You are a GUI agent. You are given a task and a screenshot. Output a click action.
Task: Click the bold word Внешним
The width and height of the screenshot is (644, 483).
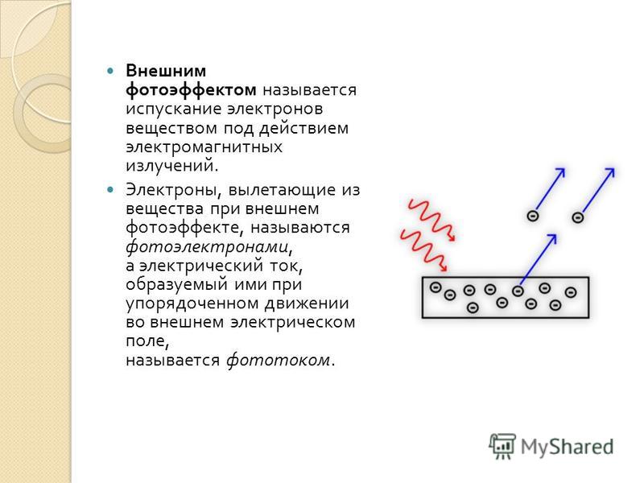tap(166, 71)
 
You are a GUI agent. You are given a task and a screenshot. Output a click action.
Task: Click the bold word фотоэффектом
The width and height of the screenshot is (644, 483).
tap(191, 90)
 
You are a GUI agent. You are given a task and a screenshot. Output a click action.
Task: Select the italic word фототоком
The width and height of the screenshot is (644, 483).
tap(279, 360)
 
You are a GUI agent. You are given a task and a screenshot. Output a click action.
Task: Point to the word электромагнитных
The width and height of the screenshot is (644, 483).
tap(204, 147)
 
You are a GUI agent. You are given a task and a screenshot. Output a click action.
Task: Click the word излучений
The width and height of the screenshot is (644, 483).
tap(170, 166)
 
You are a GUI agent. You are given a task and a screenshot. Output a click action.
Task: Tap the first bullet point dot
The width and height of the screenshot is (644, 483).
tap(109, 71)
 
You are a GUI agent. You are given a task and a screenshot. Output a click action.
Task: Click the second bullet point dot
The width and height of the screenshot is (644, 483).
tap(109, 190)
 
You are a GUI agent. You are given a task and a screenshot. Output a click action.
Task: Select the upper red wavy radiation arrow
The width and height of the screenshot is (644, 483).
tap(431, 220)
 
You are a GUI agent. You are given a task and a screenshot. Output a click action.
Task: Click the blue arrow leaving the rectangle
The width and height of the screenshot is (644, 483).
tap(538, 259)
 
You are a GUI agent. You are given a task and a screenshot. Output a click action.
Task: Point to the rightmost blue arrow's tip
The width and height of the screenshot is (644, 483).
tap(614, 168)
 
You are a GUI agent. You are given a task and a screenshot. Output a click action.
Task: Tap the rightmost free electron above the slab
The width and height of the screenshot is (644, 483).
tap(578, 217)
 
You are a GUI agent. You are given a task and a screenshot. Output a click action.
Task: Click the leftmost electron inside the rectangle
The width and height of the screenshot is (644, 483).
tap(436, 287)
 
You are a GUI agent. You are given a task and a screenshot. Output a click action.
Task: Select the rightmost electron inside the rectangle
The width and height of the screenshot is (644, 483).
tap(571, 292)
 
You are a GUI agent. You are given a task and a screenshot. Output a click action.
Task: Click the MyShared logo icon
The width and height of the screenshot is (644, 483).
tap(502, 446)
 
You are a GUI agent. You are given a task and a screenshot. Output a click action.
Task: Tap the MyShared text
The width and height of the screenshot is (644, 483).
tap(568, 447)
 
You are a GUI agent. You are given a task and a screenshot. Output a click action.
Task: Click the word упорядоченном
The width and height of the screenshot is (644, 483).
tap(192, 304)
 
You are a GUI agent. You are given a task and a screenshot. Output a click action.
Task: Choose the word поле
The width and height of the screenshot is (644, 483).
tap(147, 341)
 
